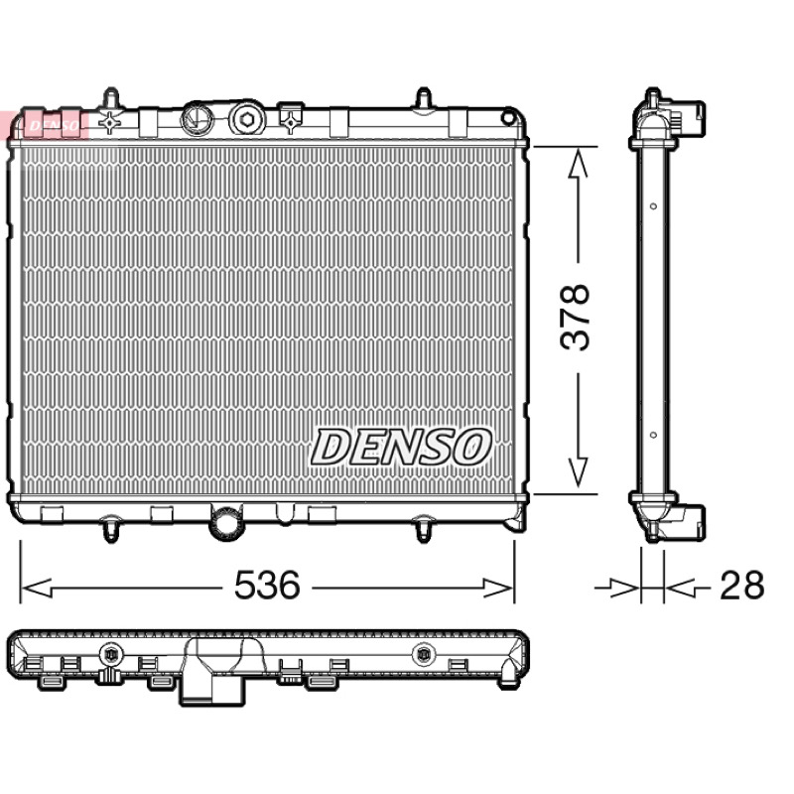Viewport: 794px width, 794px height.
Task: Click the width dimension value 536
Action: pos(267,585)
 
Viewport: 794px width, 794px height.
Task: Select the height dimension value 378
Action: pos(576,317)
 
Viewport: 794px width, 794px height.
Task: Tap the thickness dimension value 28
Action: pos(741,585)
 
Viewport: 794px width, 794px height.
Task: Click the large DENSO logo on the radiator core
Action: pos(401,447)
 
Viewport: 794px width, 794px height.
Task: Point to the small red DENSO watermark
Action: pos(54,125)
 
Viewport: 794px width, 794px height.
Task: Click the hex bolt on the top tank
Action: pos(246,119)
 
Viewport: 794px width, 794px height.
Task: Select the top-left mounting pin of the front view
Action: pos(110,97)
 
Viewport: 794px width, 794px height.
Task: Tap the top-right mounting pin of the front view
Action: pos(424,98)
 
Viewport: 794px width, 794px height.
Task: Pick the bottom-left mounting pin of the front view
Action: pos(110,529)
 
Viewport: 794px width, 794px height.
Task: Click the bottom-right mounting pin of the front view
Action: pos(424,529)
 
